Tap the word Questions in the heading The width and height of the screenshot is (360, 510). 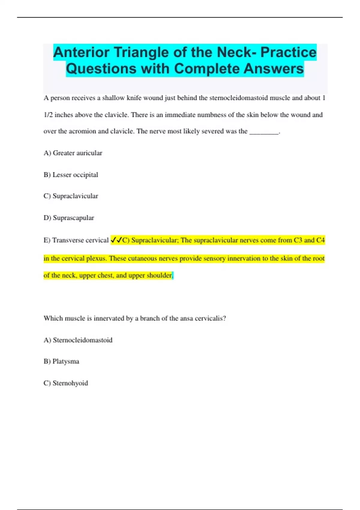click(x=101, y=69)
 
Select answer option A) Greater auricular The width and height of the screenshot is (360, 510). click(x=73, y=153)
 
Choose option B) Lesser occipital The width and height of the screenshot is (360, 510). click(x=71, y=175)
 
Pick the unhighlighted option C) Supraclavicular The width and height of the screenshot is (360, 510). click(x=71, y=196)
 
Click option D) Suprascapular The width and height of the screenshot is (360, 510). click(x=69, y=218)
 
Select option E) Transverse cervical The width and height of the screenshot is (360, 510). click(x=76, y=240)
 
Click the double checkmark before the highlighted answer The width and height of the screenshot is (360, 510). click(x=116, y=240)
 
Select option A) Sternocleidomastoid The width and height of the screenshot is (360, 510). click(x=78, y=340)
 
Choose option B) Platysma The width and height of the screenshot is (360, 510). click(x=61, y=361)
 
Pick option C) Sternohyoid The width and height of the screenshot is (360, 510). click(x=66, y=383)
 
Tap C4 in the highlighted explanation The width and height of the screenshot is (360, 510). click(x=320, y=240)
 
